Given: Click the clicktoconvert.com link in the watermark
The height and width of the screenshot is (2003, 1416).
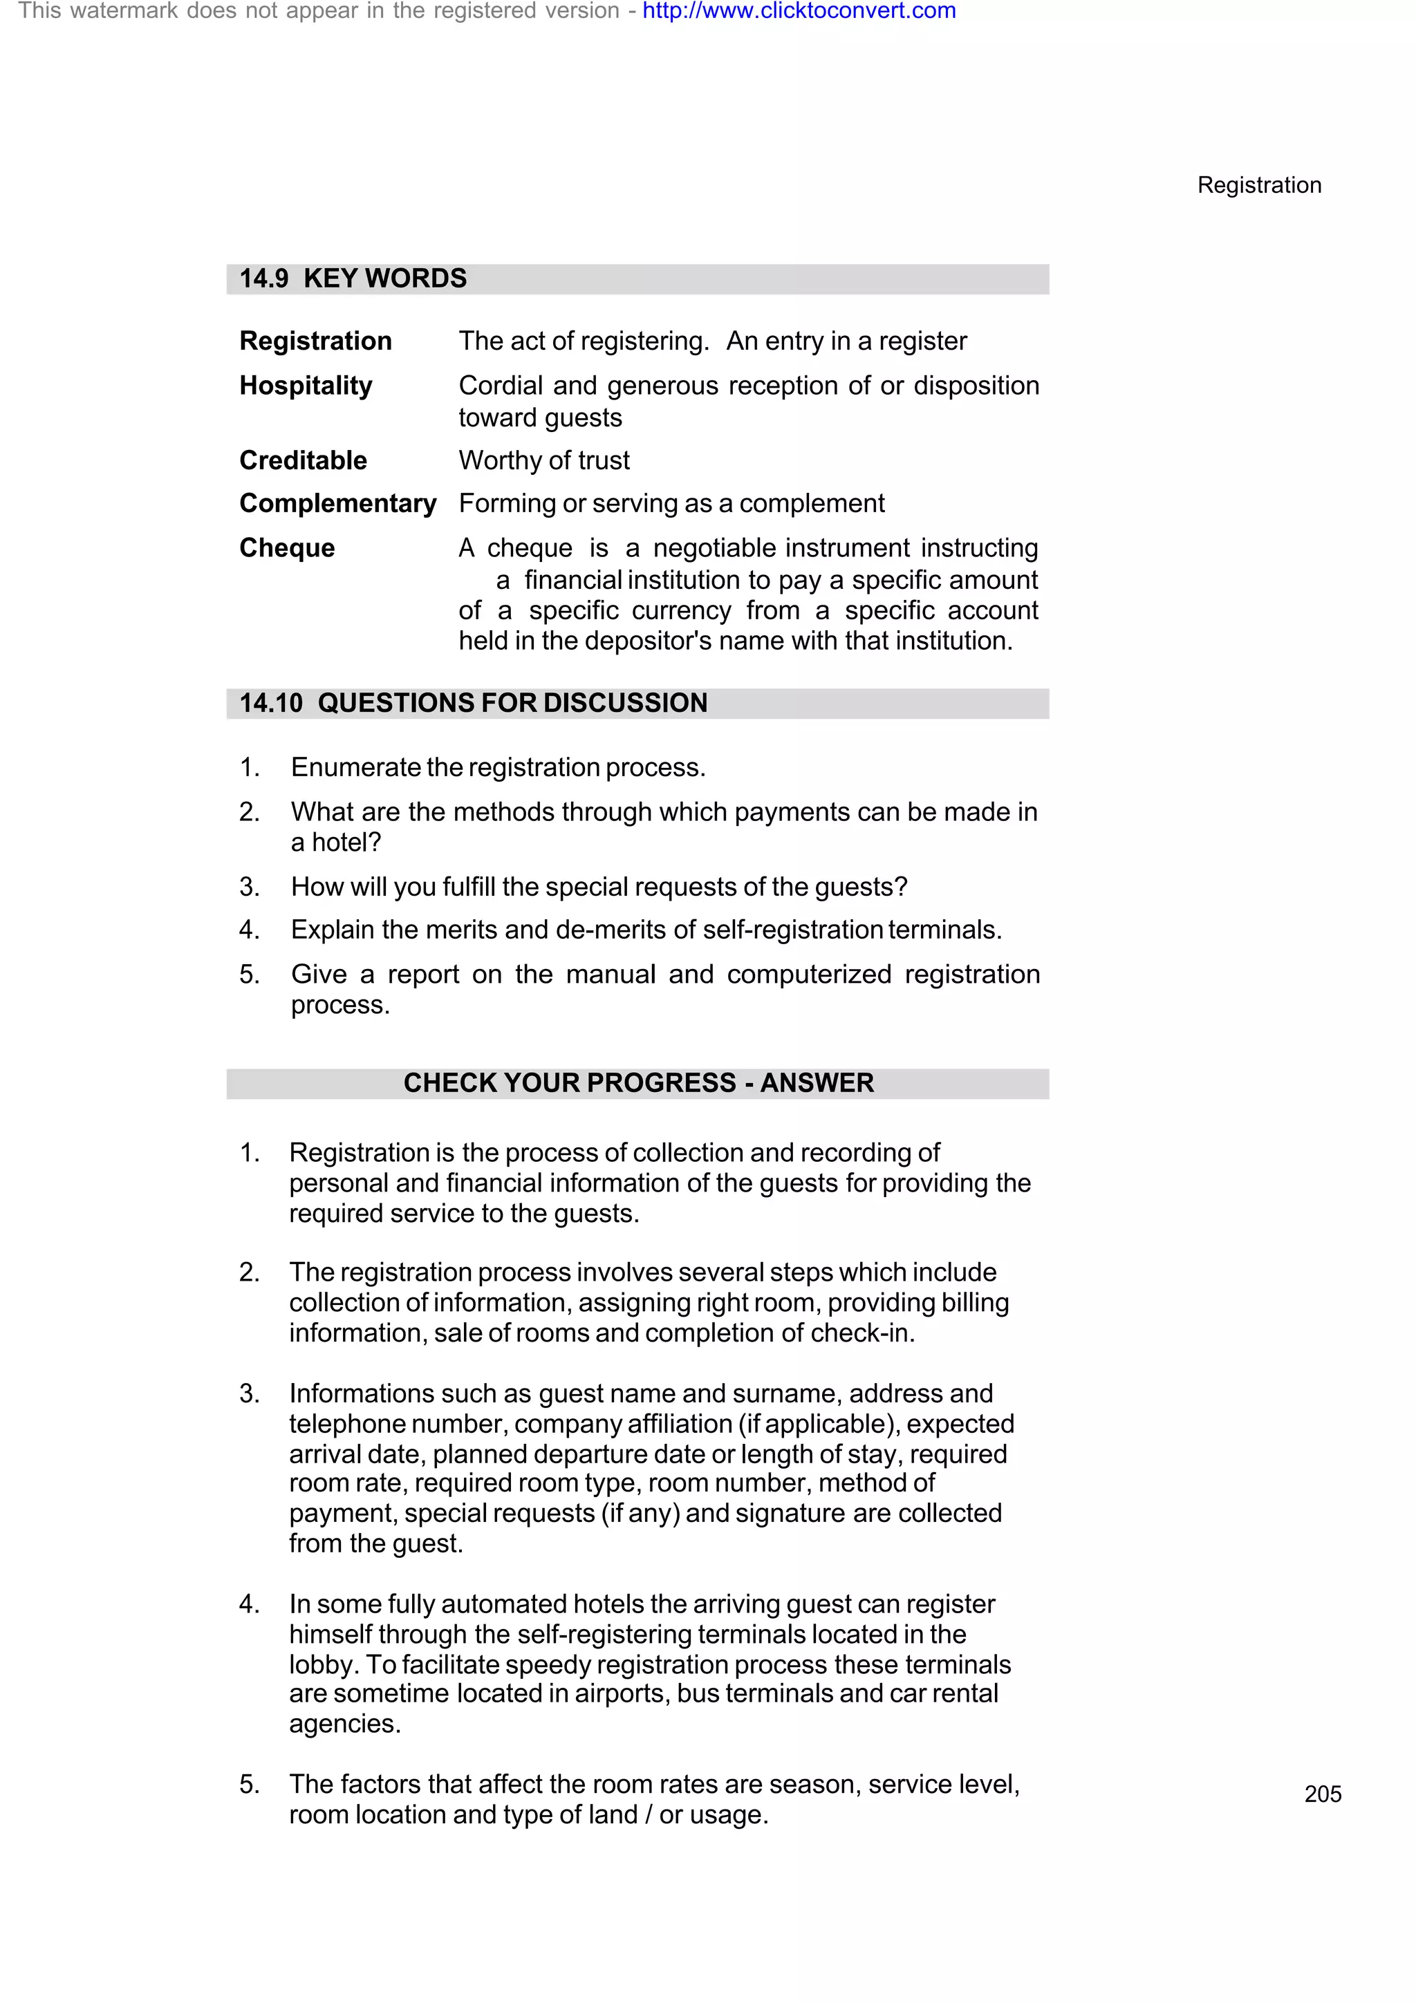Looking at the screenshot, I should click(799, 11).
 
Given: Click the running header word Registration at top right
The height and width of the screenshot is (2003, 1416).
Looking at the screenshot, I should click(1258, 185).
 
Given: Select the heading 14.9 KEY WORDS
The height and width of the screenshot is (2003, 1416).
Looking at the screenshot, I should click(353, 279).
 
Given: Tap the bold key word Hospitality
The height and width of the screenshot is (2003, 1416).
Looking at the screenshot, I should click(306, 386).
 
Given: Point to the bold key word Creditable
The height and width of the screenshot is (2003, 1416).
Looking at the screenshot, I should click(303, 460).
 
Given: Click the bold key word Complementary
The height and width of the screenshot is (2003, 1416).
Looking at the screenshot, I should click(337, 503).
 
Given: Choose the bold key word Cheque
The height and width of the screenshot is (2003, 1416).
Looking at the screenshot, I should click(287, 548).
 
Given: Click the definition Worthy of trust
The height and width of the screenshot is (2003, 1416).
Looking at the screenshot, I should click(543, 460).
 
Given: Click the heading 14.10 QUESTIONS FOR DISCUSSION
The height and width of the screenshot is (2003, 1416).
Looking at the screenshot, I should click(474, 703).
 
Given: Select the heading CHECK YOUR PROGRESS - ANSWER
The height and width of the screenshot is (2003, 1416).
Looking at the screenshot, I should click(637, 1082).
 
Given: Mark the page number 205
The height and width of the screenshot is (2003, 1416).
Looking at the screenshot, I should click(1322, 1794).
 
